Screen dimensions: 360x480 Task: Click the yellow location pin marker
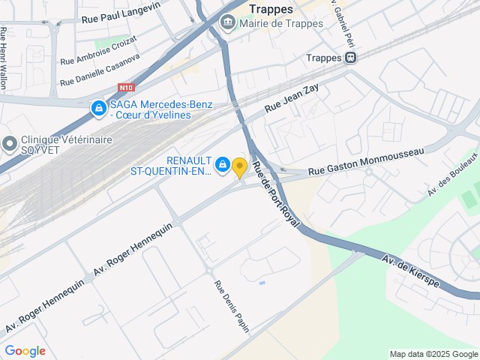point(239,168)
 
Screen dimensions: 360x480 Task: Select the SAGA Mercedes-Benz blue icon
point(98,109)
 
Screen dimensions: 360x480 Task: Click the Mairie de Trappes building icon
point(227,23)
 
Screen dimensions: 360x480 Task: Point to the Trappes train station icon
point(350,57)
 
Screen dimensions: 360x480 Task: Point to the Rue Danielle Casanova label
point(99,69)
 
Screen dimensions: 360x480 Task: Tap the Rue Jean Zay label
point(292,98)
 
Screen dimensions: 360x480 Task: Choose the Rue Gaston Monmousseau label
point(366,161)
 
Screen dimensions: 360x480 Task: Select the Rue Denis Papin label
point(231,306)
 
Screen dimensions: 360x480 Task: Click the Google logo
point(25,350)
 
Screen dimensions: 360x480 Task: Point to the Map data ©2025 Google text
point(433,354)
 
